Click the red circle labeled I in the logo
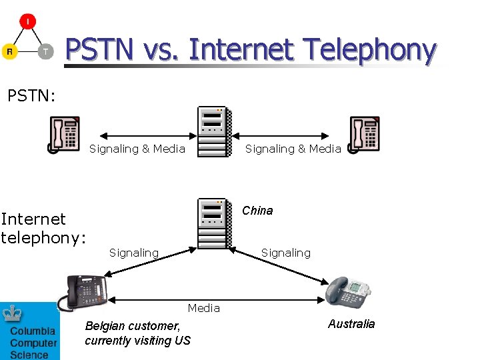[27, 22]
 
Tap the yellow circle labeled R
[9, 51]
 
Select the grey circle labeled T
[45, 51]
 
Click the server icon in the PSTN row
[215, 132]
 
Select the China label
[257, 211]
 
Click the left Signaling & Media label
[137, 149]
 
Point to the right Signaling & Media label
[293, 149]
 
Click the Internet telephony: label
[43, 228]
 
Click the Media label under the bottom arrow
[203, 307]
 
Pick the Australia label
[351, 324]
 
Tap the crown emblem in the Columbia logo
[12, 313]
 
